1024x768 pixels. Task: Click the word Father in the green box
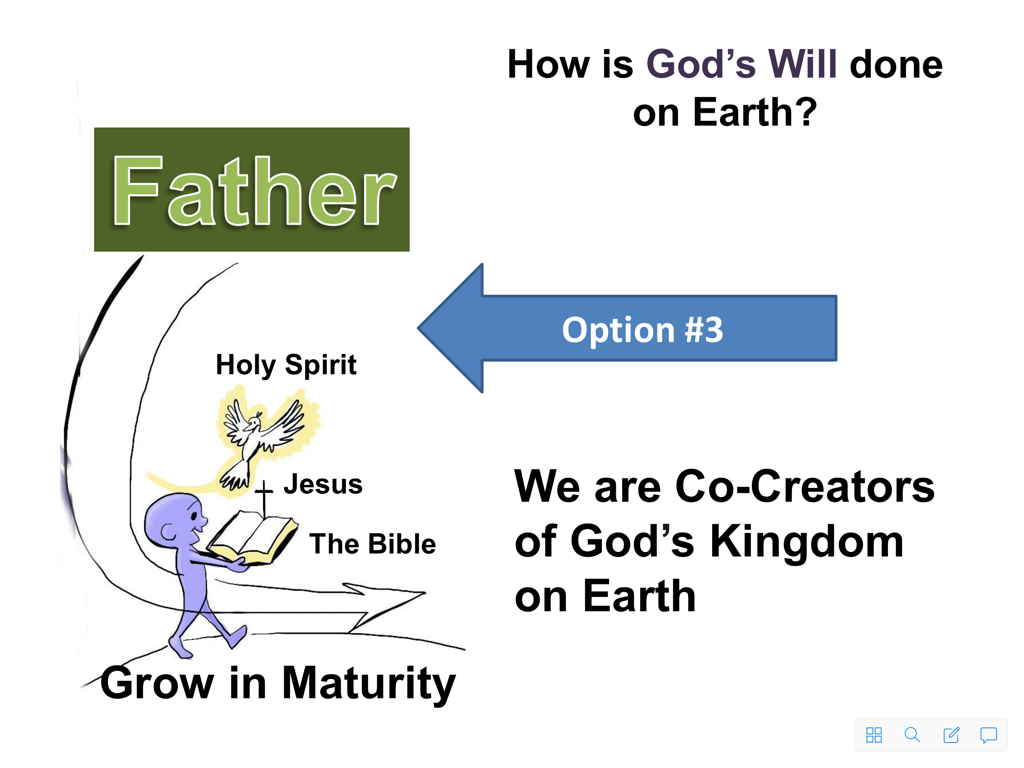[x=254, y=190]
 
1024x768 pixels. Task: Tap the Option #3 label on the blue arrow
[x=642, y=330]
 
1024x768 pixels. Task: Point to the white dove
[x=262, y=438]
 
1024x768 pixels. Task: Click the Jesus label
[x=323, y=484]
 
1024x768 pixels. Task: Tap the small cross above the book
[x=264, y=498]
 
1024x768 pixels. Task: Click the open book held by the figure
[x=252, y=537]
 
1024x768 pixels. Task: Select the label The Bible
[x=373, y=544]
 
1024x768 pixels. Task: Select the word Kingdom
[x=807, y=541]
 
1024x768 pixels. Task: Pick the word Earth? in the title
[x=755, y=112]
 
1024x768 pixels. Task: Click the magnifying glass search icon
[x=912, y=735]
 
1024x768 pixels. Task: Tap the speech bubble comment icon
[x=988, y=735]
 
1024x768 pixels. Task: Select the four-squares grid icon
[x=874, y=735]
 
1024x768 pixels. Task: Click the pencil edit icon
[x=951, y=735]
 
